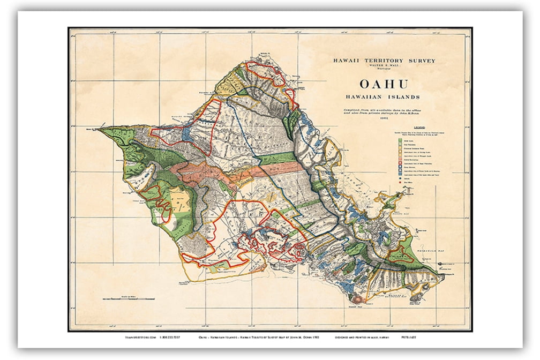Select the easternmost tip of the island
pyautogui.click(x=444, y=276)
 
